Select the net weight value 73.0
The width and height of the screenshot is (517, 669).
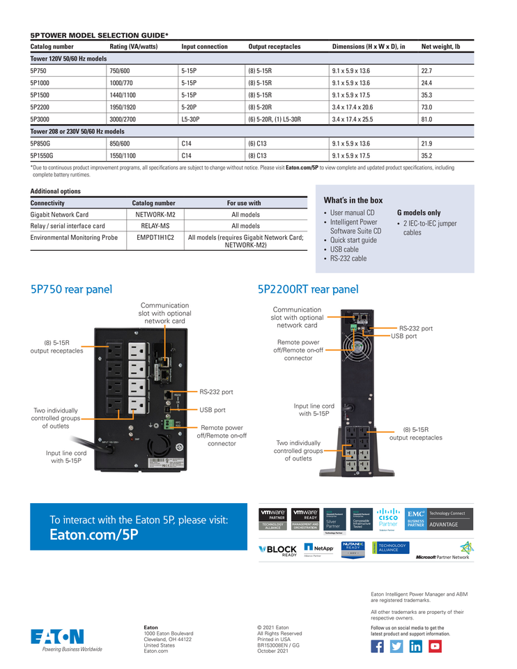point(426,107)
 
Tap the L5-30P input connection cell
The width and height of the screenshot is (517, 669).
point(190,119)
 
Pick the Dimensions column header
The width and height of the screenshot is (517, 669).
point(369,47)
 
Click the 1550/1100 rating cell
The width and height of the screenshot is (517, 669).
point(123,156)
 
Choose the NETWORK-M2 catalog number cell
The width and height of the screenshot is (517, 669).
point(155,215)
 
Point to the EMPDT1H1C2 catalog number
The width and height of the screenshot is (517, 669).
point(155,237)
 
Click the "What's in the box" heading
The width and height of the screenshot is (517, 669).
point(353,200)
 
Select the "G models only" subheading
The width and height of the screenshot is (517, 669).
point(419,213)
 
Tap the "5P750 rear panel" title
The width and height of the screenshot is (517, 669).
point(71,289)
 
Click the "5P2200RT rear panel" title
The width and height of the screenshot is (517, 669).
point(308,289)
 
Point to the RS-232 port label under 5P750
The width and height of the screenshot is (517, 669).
point(216,392)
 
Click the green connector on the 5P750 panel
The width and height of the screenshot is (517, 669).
point(167,423)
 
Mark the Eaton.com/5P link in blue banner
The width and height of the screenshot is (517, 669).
point(94,535)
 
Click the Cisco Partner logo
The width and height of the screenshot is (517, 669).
point(387,519)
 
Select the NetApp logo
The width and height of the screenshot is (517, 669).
point(319,548)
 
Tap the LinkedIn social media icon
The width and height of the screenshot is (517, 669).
point(415,646)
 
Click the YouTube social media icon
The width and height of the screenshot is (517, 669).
point(435,646)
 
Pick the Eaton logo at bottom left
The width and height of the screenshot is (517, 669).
point(58,638)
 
